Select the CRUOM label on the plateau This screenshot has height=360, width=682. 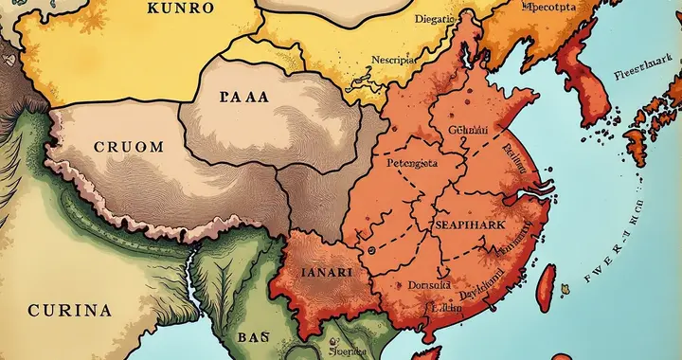click(x=129, y=147)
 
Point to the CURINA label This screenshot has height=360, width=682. click(x=70, y=310)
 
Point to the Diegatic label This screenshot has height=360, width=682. click(x=439, y=16)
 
